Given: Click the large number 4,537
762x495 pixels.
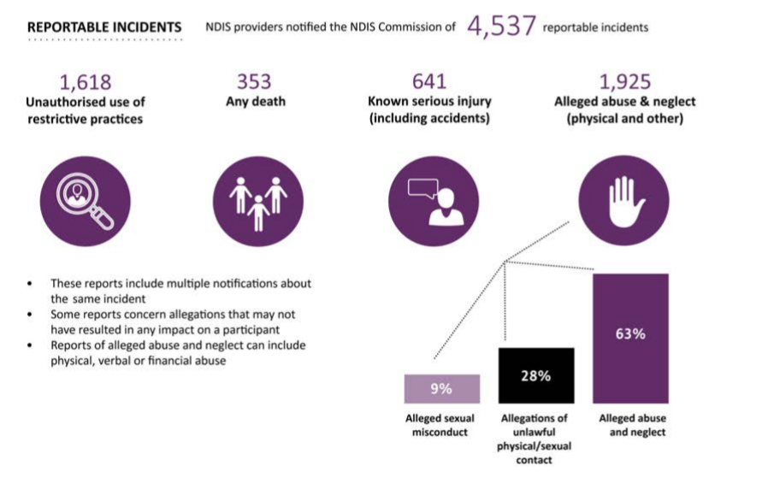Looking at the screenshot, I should click(x=502, y=26).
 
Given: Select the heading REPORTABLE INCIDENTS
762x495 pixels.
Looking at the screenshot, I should click(x=104, y=27).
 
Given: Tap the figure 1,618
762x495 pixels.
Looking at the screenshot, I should click(x=85, y=82).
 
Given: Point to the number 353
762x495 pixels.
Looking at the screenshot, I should click(x=254, y=82).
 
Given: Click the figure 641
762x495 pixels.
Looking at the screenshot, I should click(x=429, y=82).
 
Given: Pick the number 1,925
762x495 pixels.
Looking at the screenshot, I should click(x=625, y=82).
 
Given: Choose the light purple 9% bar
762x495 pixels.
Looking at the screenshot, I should click(x=441, y=389).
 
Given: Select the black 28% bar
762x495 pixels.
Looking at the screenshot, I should click(x=537, y=375).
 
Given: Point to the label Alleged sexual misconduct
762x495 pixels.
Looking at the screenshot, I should click(x=440, y=425).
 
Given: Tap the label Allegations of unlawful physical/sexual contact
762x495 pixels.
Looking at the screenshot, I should click(x=535, y=439).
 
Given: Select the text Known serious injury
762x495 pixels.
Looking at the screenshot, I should click(x=429, y=102).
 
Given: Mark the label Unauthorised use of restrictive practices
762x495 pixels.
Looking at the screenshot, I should click(x=85, y=110).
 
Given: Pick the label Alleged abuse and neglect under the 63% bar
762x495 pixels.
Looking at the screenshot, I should click(x=632, y=425).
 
